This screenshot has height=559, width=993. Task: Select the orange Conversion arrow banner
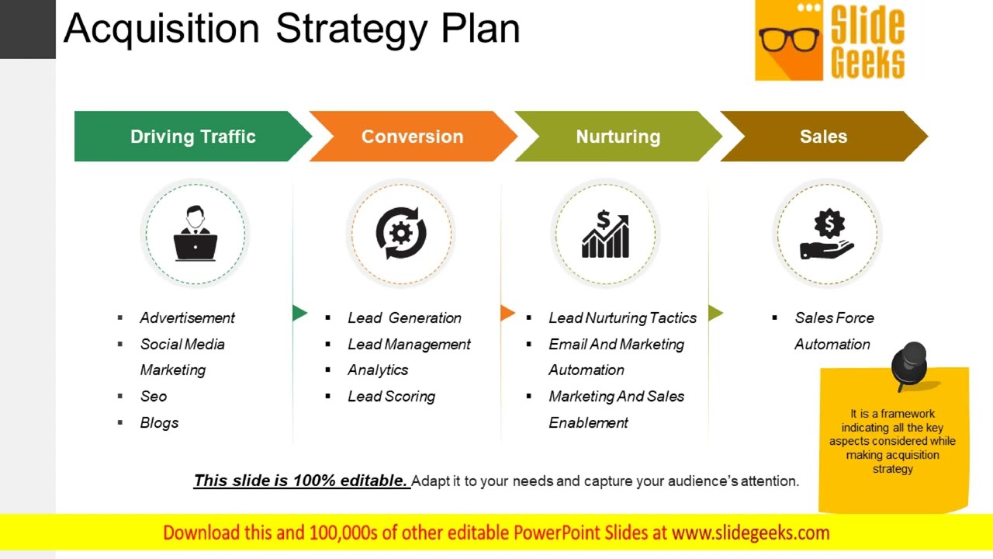click(x=412, y=137)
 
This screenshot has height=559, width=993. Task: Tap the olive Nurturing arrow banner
click(x=618, y=137)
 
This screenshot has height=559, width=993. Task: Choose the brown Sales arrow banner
click(x=823, y=137)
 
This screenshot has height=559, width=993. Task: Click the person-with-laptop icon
click(x=195, y=233)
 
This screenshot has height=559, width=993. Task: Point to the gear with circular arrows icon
click(x=400, y=233)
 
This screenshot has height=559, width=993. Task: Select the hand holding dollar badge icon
click(x=828, y=234)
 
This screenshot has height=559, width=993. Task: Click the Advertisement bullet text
click(x=187, y=318)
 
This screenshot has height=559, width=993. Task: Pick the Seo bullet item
click(x=154, y=396)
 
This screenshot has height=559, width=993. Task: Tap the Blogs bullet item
click(x=159, y=422)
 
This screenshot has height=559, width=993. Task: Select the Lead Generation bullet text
click(x=404, y=318)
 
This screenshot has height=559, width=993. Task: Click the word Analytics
click(x=378, y=370)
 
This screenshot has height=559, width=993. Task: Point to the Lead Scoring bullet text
click(x=391, y=396)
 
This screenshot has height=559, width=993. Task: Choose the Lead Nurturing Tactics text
click(x=622, y=318)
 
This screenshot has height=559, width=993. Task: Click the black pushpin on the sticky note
click(x=910, y=363)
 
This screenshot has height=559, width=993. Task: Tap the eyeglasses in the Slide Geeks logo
click(x=789, y=39)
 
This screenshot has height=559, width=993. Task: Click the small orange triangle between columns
click(x=507, y=313)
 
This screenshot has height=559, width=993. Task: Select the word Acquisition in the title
click(x=161, y=29)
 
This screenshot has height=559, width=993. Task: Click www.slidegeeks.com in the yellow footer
click(x=750, y=533)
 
